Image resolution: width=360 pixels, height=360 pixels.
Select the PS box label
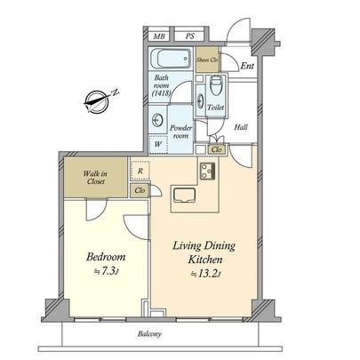click(190, 36)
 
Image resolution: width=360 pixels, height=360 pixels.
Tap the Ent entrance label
click(248, 65)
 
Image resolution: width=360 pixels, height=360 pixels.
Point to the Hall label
click(241, 127)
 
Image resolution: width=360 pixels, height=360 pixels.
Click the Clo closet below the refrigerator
click(140, 189)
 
